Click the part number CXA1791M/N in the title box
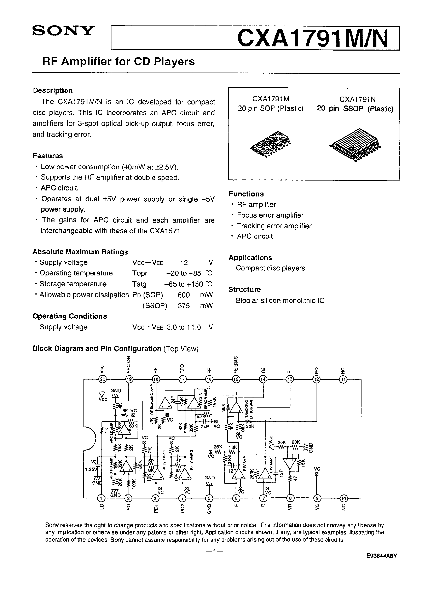click(313, 38)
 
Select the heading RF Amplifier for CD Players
click(118, 62)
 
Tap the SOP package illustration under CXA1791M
click(270, 144)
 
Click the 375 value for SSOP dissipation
click(184, 306)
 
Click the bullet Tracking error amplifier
click(274, 226)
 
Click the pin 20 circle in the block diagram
click(102, 379)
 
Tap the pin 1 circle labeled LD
click(101, 498)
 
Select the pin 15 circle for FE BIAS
click(236, 379)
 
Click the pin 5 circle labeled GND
click(209, 498)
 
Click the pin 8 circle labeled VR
click(290, 498)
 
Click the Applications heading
click(250, 257)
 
